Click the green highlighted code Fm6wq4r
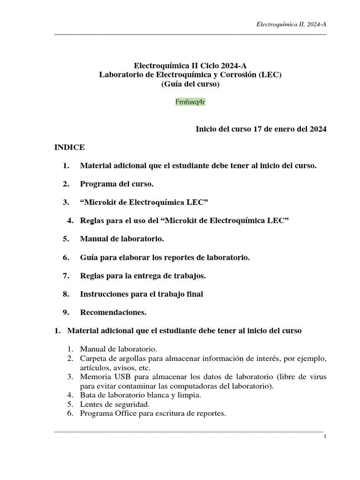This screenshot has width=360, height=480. coord(190,102)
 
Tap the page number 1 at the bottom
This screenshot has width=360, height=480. coord(324,437)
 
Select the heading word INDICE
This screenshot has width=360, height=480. coord(70,147)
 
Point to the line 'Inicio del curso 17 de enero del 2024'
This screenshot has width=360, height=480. coord(261,129)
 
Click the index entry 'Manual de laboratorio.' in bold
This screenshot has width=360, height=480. coord(122,239)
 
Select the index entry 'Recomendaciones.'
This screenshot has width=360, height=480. coord(113,312)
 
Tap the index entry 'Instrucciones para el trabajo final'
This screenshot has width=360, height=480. coord(142,294)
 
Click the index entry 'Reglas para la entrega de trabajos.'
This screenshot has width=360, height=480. coord(143,276)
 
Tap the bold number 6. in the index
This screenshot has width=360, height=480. coord(66,257)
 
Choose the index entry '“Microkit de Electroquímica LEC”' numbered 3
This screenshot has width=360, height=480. coord(144,202)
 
